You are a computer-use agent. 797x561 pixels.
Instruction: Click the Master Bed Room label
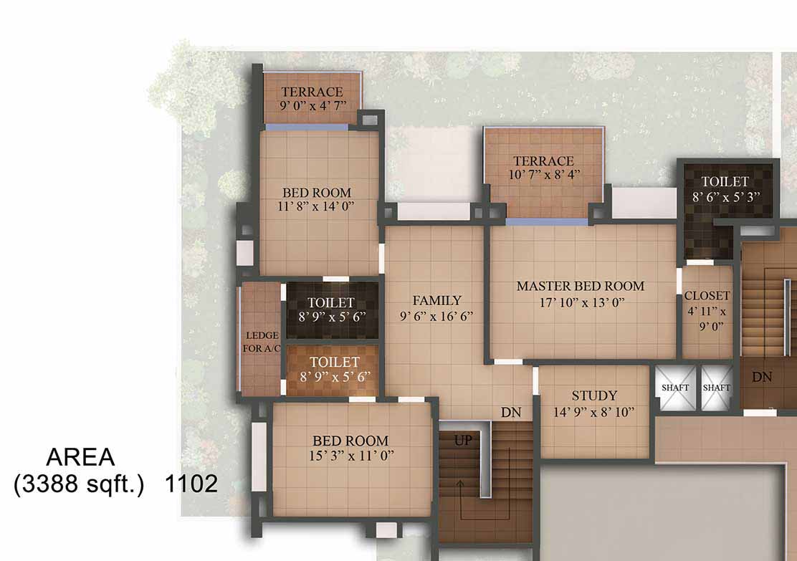(581, 286)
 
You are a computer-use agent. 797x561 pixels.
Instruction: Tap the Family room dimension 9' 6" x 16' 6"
(436, 316)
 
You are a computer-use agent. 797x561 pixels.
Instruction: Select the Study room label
(594, 395)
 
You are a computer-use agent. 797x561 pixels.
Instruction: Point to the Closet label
(707, 295)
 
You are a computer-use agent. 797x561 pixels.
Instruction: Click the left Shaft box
(675, 387)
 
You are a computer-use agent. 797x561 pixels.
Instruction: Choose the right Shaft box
(716, 387)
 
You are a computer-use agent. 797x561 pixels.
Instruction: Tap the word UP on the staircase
(463, 440)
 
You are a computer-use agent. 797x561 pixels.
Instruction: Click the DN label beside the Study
(511, 412)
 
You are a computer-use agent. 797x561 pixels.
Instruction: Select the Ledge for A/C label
(262, 342)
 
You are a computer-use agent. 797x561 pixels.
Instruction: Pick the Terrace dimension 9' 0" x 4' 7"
(312, 106)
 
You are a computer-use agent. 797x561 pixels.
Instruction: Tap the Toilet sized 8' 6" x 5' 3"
(725, 189)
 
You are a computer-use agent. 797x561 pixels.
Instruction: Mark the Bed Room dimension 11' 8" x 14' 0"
(315, 206)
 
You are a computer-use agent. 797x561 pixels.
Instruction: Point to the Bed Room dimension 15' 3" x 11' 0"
(350, 455)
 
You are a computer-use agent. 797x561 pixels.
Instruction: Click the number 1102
(191, 484)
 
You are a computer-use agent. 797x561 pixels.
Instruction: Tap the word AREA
(80, 457)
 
